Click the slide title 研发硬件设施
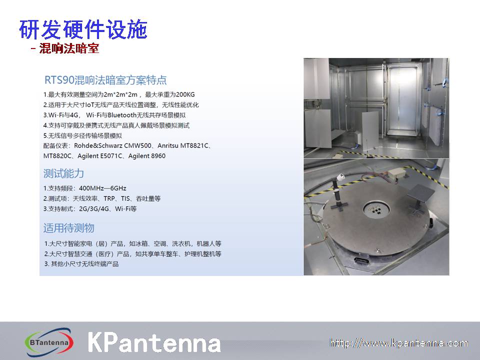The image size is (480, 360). tap(83, 29)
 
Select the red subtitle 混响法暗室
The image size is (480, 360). tap(69, 48)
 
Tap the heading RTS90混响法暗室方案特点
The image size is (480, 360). tap(105, 80)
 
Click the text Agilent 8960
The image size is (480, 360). tap(147, 156)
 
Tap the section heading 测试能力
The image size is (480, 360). tap(63, 173)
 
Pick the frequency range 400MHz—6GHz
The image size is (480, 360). tap(102, 188)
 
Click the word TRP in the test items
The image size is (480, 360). tap(109, 198)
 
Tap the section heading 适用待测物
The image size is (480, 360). tap(69, 228)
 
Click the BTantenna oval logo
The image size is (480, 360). tap(49, 342)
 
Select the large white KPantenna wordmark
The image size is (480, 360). tap(154, 342)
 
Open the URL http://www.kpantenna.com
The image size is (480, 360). tap(398, 343)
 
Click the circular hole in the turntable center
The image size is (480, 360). tap(376, 209)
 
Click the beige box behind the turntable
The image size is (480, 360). tap(397, 174)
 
